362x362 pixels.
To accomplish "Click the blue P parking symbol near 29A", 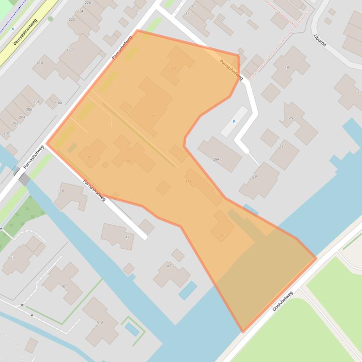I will coord(234,122).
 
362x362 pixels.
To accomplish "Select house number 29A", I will coord(216,159).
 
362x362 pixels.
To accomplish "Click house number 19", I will coord(287,68).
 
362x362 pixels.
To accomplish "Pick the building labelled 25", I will coord(291,118).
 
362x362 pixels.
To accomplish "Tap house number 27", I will coord(281,147).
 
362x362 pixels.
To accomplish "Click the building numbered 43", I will coord(62,190).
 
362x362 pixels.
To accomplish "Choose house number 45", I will coord(127,237).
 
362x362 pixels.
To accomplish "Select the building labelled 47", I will coord(169,266).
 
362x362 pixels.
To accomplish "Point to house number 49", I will coord(13,258).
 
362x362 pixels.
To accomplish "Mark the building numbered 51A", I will coord(100,323).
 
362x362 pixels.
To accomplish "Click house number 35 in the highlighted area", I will coord(153,116).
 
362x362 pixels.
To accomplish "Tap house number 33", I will coord(174,69).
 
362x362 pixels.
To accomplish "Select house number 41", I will coord(90,157).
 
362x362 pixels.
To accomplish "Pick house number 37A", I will coord(188,181).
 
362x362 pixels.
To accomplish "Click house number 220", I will coord(70,49).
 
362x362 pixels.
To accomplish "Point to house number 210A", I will coord(57,103).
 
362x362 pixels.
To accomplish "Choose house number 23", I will coord(187,14).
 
